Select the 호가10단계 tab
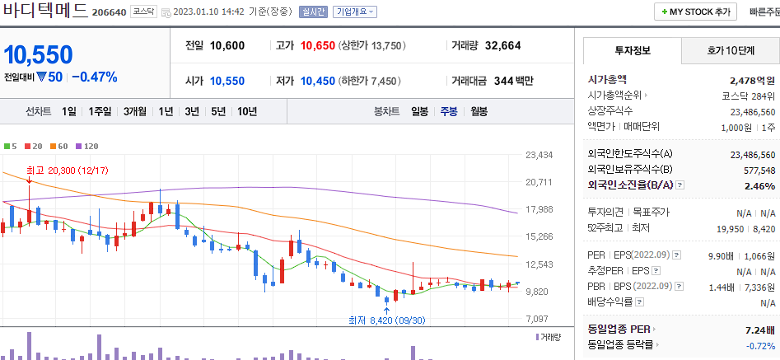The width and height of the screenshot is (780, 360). click(730, 51)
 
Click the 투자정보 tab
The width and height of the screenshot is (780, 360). click(632, 51)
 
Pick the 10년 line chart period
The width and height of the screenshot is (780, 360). click(246, 111)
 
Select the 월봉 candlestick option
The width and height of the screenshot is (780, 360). click(479, 111)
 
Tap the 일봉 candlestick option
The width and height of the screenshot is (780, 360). click(419, 111)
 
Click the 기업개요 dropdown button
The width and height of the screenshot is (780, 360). click(354, 12)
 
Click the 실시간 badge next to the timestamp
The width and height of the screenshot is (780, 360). click(313, 12)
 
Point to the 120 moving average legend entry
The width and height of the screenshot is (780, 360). click(86, 146)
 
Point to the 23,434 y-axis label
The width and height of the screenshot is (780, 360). click(539, 155)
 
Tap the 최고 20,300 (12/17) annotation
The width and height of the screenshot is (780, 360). click(62, 171)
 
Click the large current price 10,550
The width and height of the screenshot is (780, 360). click(38, 54)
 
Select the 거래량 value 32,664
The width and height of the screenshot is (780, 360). click(503, 45)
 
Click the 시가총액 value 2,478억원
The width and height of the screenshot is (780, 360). click(752, 81)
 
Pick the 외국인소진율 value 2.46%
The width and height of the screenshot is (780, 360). click(759, 186)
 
